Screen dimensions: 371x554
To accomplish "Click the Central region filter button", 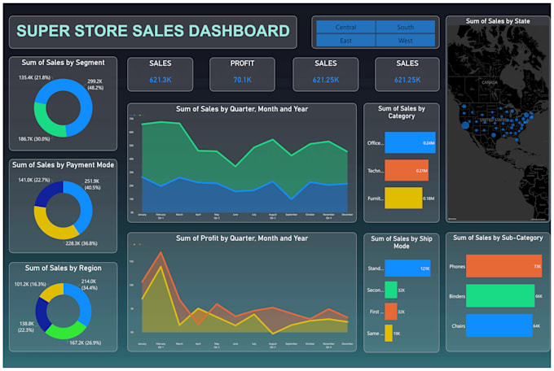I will pos(345,27).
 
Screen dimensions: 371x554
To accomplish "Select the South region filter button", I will pos(405,27).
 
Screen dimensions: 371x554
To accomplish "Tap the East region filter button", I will pos(345,40).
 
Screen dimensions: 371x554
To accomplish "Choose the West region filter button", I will pos(405,40).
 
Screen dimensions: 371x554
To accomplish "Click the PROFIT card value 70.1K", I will pos(242,80).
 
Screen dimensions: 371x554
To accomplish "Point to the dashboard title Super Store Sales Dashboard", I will pos(153,32).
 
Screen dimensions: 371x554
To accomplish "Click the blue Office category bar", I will pos(410,142).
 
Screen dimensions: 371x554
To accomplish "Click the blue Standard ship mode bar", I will pos(407,268).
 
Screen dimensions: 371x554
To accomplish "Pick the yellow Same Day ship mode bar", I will pos(389,333).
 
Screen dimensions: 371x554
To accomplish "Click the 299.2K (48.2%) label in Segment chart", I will pos(95,85).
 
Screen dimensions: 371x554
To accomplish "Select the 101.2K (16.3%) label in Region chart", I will pos(28,289).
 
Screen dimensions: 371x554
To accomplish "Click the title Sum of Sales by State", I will pos(498,22).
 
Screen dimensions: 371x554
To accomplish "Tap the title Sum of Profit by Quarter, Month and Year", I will pos(242,238).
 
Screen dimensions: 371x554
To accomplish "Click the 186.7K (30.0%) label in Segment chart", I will pos(35,139).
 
